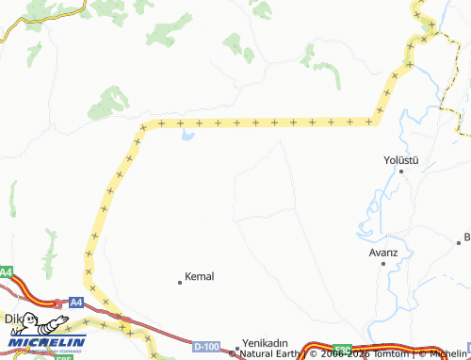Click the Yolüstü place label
[401, 159]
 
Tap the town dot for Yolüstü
[402, 172]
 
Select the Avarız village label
[383, 253]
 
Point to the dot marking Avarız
[382, 264]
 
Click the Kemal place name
[200, 276]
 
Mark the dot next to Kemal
[180, 282]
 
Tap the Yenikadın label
[265, 343]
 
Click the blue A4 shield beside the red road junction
[76, 303]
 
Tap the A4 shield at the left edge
[6, 272]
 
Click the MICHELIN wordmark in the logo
[47, 342]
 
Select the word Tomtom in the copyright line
[392, 354]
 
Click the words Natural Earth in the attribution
[269, 354]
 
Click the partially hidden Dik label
[11, 319]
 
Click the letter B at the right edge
[466, 237]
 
